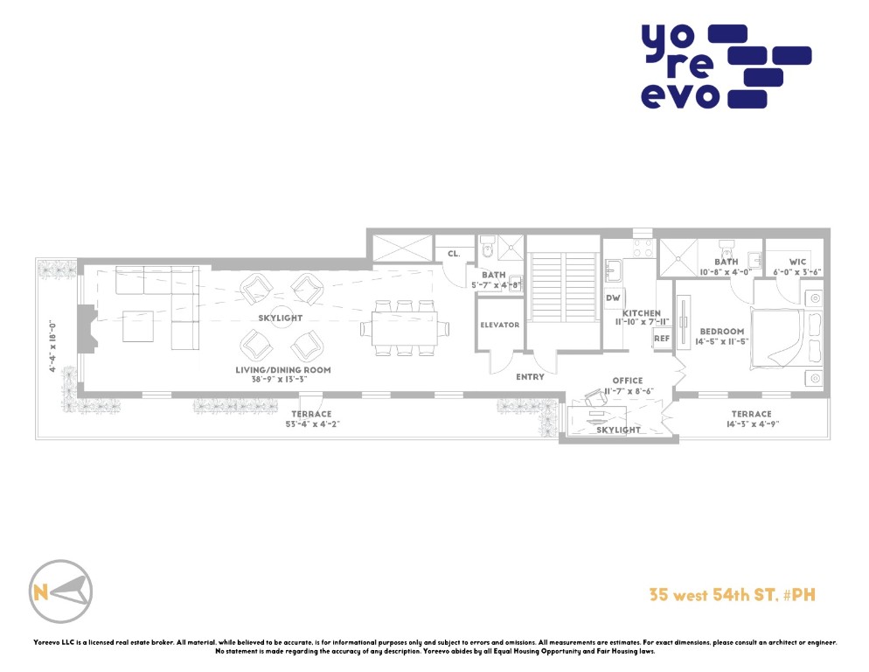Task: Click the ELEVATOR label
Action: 499,325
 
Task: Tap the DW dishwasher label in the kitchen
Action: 613,298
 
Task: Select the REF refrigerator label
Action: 662,339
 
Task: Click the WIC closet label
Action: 797,262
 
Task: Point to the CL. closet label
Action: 454,254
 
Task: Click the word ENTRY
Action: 530,377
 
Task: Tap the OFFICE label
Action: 628,381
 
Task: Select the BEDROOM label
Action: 721,332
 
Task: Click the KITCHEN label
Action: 641,313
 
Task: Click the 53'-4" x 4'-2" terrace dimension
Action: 312,424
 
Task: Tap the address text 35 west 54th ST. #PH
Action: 732,595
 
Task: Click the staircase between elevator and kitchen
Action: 563,287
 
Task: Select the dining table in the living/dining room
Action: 405,328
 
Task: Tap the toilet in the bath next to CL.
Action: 487,247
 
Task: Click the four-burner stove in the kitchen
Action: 643,248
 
